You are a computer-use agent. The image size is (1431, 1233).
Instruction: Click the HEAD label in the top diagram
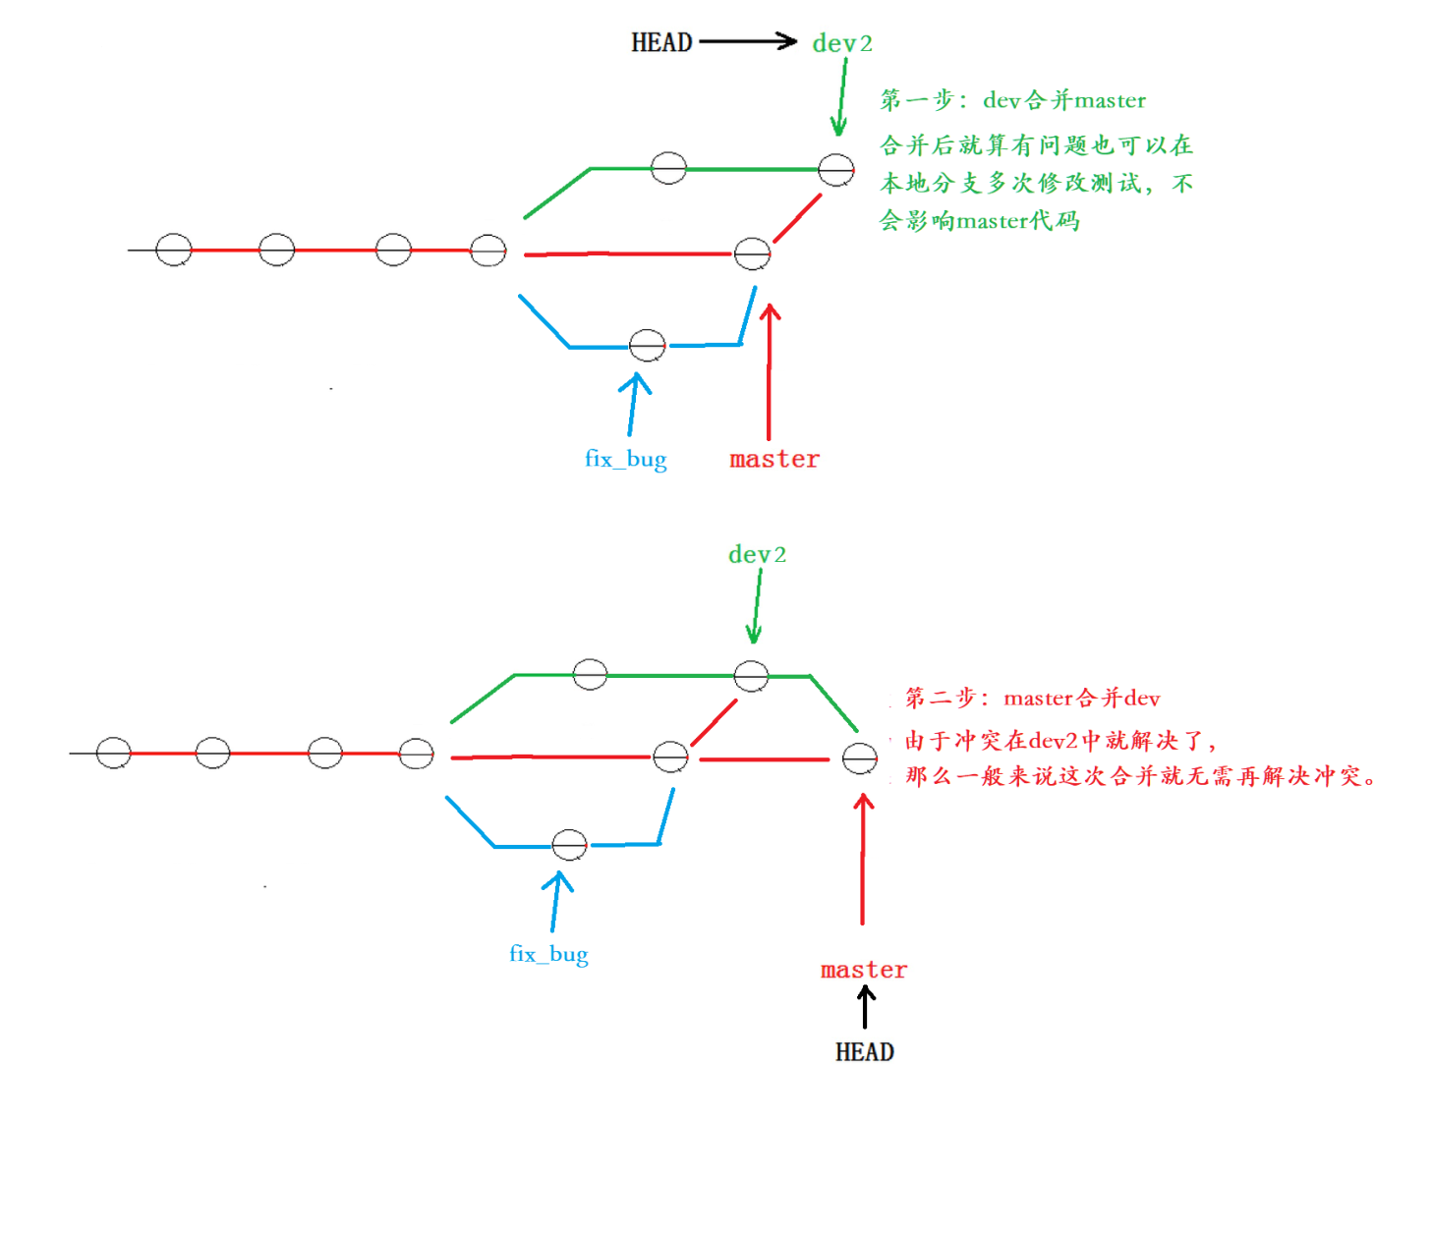point(661,42)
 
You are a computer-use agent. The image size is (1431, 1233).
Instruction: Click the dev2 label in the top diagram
point(841,43)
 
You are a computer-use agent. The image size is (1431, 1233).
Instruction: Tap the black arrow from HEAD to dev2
point(747,41)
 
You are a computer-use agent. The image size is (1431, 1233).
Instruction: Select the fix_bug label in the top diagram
point(625,459)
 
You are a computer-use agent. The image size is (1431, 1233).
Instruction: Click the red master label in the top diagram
point(774,459)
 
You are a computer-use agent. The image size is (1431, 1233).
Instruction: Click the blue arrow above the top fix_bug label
point(634,404)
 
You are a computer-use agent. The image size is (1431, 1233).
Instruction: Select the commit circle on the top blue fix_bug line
point(647,346)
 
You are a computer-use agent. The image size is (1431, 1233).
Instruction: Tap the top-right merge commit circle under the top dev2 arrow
point(836,170)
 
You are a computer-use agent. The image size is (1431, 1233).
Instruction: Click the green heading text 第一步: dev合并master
point(1012,100)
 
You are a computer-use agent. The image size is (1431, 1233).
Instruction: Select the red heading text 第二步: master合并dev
point(1032,699)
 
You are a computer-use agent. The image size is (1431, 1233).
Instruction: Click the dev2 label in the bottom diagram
point(757,555)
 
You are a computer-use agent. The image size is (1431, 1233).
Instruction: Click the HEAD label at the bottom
point(864,1052)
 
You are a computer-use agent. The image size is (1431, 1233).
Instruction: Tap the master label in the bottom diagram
point(864,970)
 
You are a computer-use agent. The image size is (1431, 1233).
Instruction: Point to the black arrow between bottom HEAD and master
point(866,1008)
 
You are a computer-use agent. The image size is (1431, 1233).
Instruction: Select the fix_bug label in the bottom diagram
point(548,954)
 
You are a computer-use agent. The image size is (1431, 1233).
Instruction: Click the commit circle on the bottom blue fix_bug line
point(570,845)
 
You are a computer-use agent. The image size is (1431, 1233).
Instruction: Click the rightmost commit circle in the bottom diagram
point(860,759)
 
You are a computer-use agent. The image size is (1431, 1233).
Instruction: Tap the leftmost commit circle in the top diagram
point(174,250)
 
